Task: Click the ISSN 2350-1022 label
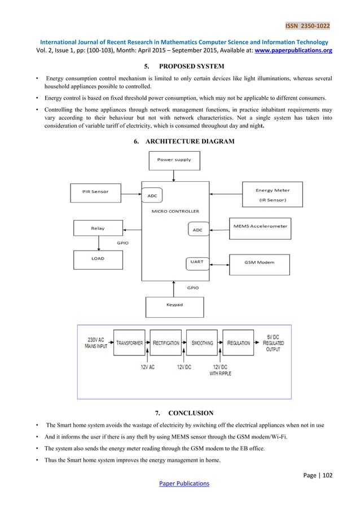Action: [308, 25]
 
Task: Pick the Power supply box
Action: [174, 160]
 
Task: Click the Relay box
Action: [98, 229]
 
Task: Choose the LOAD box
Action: [98, 259]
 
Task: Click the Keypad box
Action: [174, 305]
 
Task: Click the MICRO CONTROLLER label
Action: [175, 211]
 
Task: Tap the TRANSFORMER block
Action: [130, 343]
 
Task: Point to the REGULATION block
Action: [239, 343]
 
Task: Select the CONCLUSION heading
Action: [188, 419]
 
